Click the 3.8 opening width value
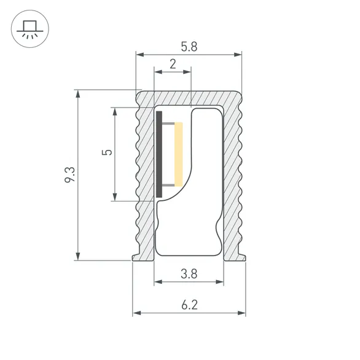(189, 275)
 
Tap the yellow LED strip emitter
(179, 154)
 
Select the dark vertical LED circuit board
(159, 154)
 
